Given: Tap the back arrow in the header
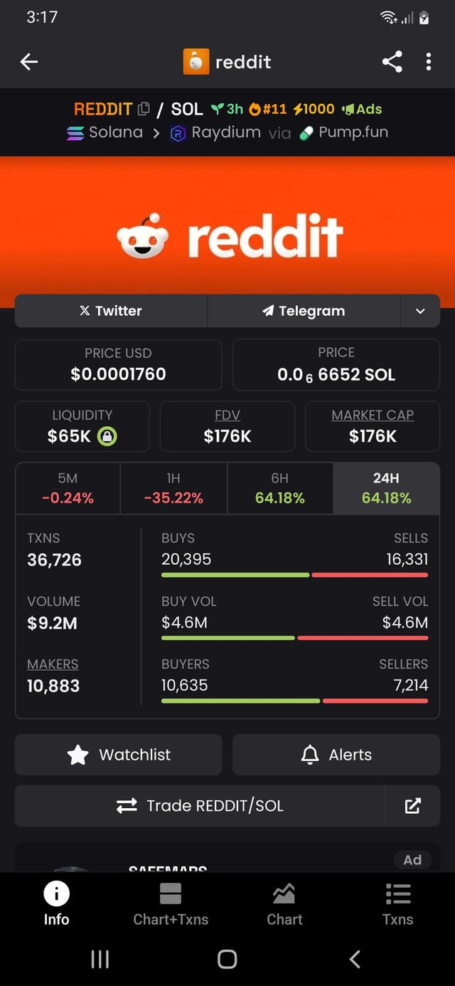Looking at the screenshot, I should coord(29,62).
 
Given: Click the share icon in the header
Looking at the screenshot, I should coord(392,62).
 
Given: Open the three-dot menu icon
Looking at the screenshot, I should coord(428,62).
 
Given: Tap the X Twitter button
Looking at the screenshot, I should coord(111,311).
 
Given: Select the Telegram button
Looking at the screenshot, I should coord(304,311).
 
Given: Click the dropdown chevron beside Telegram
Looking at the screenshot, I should coord(420,311).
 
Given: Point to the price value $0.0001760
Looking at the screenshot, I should coord(118,374).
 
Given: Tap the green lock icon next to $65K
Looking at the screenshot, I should coord(107,436).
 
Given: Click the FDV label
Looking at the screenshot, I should coord(227,415).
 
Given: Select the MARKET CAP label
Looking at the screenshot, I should coord(373,415).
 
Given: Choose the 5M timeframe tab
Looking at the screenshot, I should coord(68,488).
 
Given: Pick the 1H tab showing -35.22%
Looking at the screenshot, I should coord(173,488).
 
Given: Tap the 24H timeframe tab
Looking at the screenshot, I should coord(386,488).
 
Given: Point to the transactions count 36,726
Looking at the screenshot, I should coord(54,560).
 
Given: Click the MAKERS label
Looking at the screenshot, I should coord(53,664).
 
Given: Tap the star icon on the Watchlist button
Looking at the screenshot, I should coord(78,755).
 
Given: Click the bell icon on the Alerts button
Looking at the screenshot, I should coord(310,755).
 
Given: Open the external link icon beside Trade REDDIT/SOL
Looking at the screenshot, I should coord(412,805).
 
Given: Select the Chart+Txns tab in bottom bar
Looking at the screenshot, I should coord(171,903).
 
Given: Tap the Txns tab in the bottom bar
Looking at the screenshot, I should coord(397,903).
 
